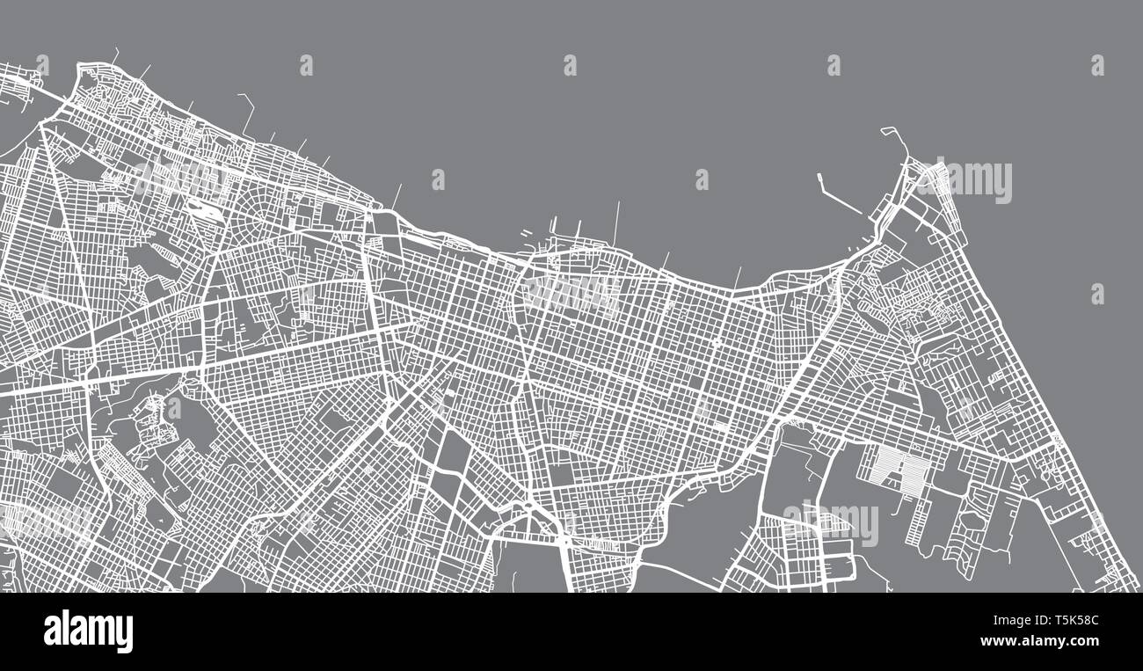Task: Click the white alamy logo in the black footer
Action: coord(88,631)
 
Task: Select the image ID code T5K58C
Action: coord(1068,621)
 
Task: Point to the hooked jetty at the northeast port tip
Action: coord(894,139)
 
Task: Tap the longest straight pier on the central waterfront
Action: coord(616,223)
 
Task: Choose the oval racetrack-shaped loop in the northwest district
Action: coord(201,210)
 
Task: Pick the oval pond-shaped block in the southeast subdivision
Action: coord(972,520)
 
